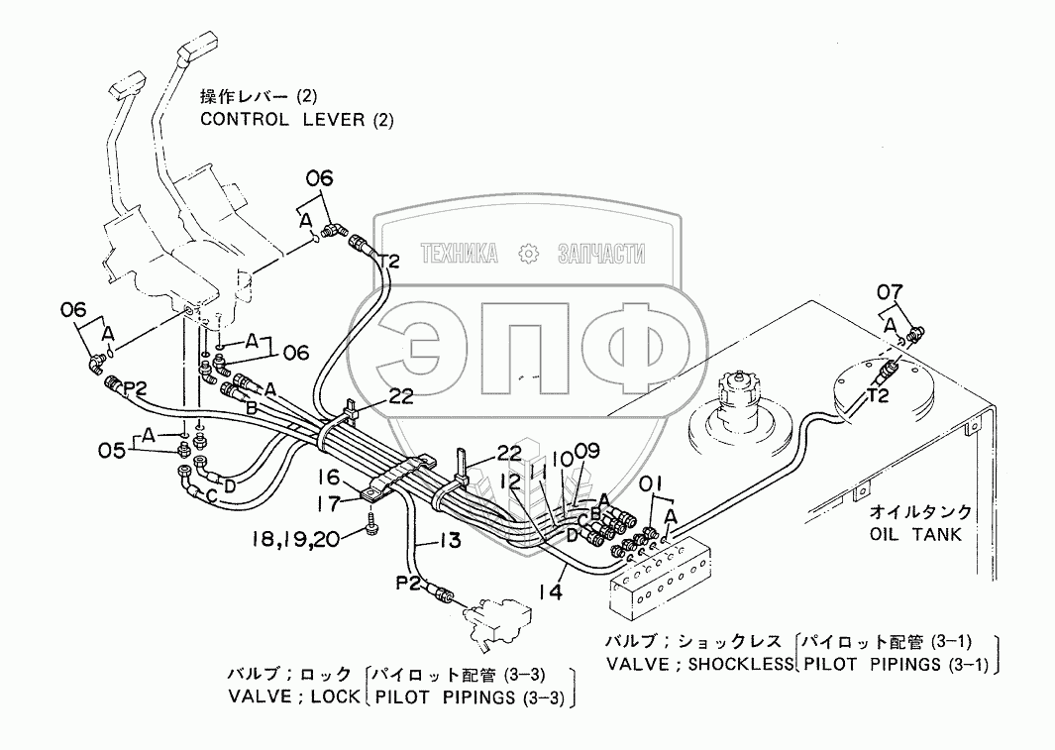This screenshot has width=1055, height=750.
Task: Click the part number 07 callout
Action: pos(890,292)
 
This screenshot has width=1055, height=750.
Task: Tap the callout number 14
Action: pos(551,591)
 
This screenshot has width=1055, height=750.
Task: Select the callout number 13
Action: pos(451,540)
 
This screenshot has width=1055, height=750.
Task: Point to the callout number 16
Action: pos(329,478)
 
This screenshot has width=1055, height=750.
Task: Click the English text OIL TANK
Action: pos(916,535)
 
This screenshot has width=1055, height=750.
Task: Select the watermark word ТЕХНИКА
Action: pos(459,254)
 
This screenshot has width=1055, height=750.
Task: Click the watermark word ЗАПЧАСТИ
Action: pos(601,254)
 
